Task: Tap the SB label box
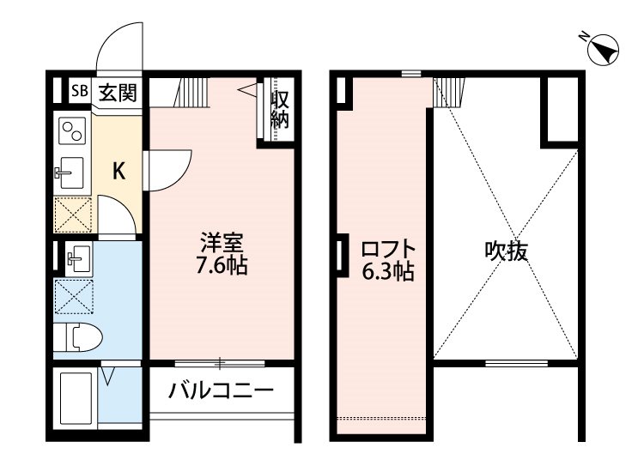coord(79,91)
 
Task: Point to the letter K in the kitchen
coord(119,172)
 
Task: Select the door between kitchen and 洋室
coord(168,169)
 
